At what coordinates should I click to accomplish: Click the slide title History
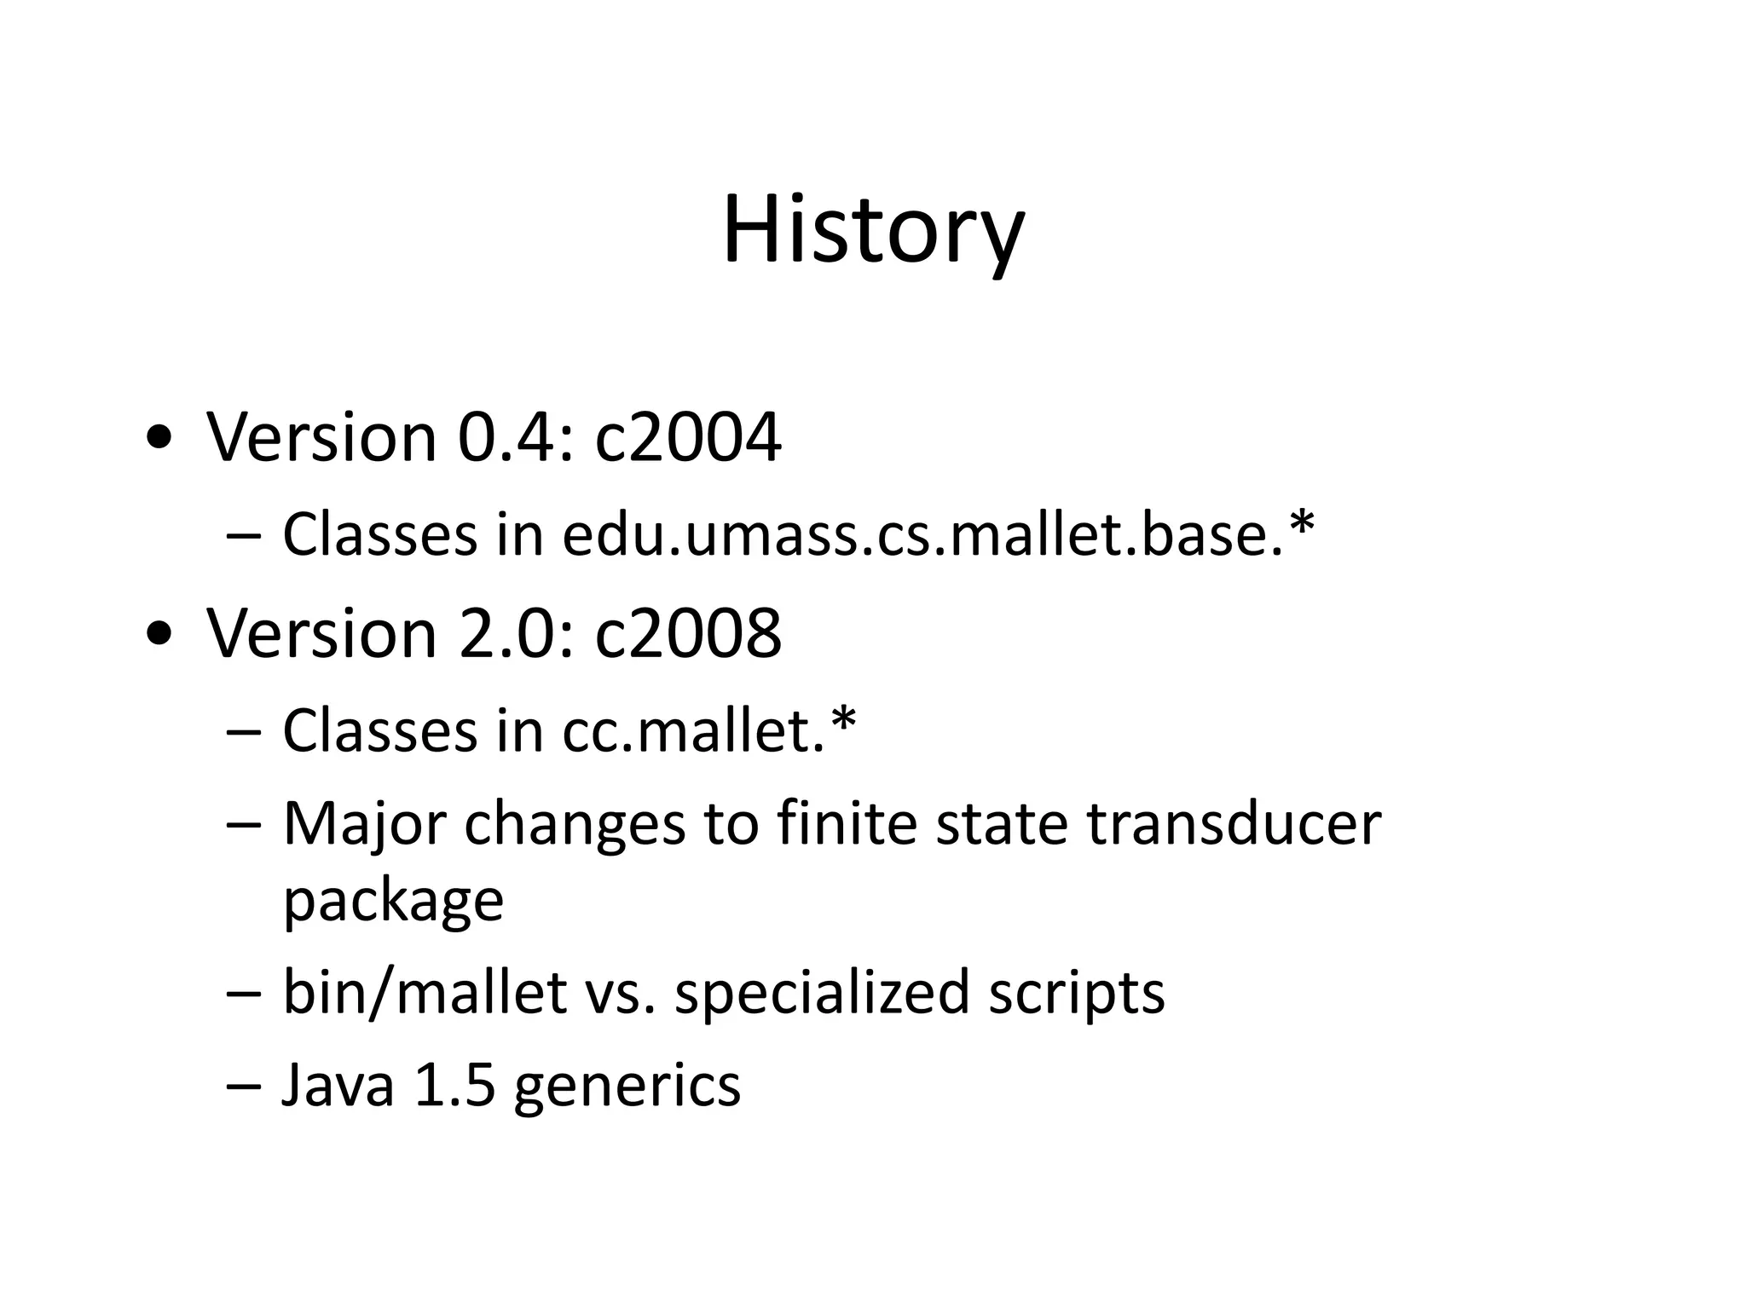[873, 230]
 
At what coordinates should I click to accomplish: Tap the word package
[393, 902]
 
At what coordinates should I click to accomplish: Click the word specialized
[822, 993]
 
